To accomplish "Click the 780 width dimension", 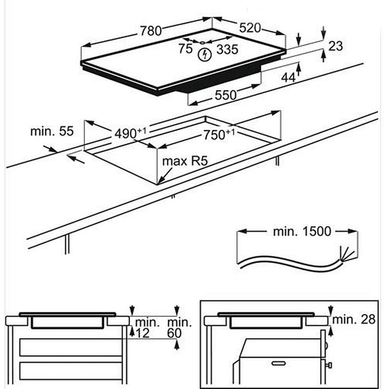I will click(150, 31).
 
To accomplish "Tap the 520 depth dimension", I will click(250, 28).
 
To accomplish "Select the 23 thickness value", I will click(335, 46).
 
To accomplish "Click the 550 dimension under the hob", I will click(226, 96).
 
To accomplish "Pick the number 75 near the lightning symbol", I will click(186, 49).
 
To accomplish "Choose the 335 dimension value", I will click(227, 49).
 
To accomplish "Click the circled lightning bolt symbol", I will click(203, 55).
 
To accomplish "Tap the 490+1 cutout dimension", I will click(130, 132).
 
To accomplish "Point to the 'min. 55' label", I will click(52, 131).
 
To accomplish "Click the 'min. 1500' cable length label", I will click(302, 231).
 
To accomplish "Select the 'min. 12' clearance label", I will click(148, 328).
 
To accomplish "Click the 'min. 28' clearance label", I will click(354, 320).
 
